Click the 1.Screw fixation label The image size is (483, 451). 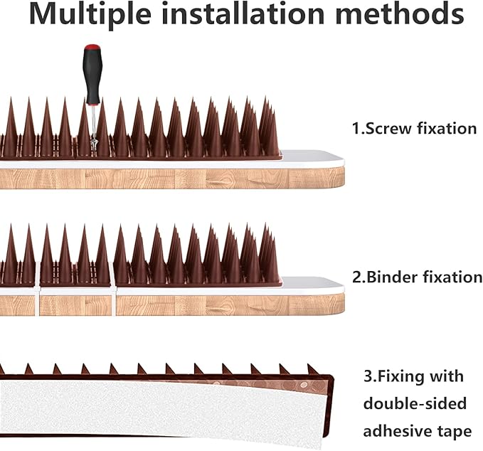tap(414, 129)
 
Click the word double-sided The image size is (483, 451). tap(415, 403)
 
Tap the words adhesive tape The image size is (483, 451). tap(417, 431)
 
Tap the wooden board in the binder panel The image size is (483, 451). tap(213, 304)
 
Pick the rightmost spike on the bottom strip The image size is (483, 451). tap(312, 369)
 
